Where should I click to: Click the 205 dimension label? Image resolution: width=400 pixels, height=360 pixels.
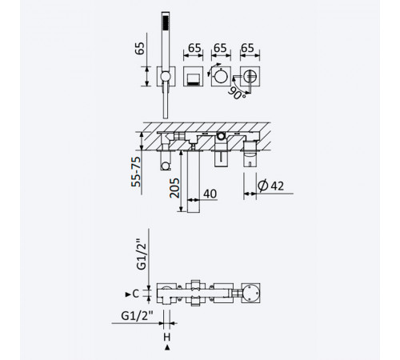point(174,188)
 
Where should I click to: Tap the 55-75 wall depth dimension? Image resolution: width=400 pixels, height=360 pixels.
point(136,172)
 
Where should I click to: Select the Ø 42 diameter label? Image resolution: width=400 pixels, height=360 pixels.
point(270,186)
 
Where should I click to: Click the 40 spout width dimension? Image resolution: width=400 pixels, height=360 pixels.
point(210,194)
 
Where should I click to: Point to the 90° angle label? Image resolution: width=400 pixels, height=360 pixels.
point(237,93)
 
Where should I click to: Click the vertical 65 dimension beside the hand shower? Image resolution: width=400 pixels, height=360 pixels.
point(140,48)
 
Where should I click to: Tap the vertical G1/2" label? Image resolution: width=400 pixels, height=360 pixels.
point(142,256)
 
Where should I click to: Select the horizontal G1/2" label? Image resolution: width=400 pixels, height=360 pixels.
point(137,316)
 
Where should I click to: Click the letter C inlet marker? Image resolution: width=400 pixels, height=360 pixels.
point(135,294)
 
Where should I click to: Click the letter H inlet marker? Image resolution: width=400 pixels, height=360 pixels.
point(167,338)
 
